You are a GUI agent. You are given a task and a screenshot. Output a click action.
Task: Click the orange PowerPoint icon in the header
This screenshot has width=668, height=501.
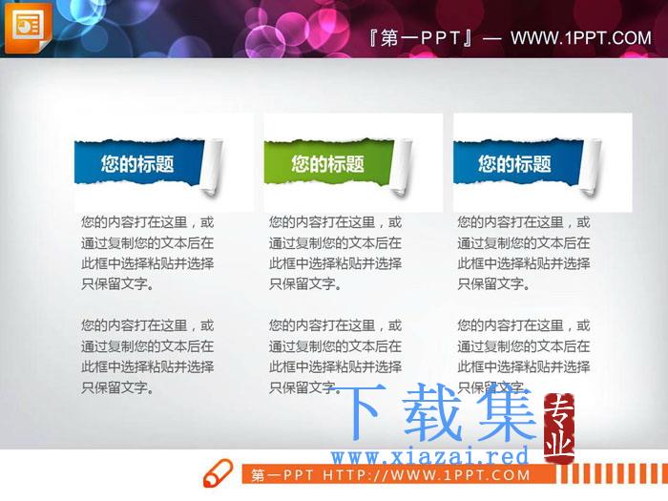28,28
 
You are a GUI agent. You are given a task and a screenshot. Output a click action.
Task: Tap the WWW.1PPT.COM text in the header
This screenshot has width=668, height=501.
580,38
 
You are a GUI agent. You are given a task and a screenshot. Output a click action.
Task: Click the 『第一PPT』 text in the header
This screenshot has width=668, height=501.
421,38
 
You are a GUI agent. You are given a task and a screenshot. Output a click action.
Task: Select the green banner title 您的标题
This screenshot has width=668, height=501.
327,163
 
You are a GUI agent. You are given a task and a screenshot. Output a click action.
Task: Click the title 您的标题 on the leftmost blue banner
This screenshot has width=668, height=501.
137,163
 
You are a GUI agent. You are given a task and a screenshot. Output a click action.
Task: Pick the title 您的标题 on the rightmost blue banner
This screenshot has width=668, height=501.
514,163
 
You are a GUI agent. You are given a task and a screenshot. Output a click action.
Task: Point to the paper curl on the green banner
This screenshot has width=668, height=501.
402,167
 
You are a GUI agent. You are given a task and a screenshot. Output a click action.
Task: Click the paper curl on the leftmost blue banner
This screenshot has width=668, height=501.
212,167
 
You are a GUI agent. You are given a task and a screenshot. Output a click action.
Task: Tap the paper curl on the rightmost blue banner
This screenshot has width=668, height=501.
590,167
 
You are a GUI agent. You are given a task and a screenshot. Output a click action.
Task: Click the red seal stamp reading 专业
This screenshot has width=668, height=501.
559,428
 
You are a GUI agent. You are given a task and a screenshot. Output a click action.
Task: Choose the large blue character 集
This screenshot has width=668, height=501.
507,411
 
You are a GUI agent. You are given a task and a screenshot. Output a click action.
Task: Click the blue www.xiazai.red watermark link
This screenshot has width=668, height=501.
429,457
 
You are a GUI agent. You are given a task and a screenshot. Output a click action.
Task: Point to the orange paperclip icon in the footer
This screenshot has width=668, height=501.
218,473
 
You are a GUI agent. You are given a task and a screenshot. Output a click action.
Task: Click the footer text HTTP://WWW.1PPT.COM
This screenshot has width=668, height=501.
426,475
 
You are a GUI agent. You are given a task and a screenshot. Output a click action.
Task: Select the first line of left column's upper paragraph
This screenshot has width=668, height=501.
147,222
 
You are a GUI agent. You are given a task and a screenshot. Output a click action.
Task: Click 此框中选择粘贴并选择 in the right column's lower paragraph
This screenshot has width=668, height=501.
524,366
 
